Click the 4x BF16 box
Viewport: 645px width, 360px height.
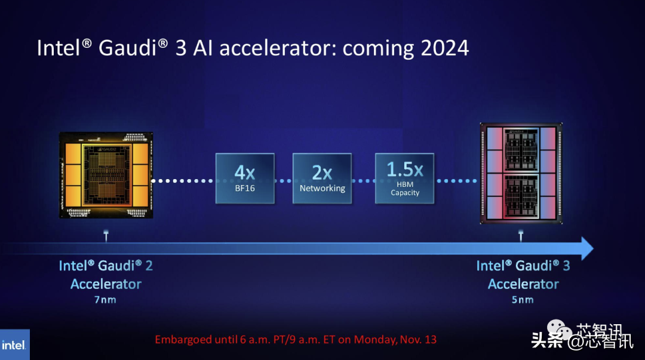(245, 178)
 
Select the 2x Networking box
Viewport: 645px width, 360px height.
(322, 178)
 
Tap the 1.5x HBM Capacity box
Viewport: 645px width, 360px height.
(404, 178)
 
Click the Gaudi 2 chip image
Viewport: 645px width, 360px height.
(106, 175)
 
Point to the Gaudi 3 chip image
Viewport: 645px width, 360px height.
(521, 173)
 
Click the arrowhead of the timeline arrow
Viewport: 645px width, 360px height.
(587, 248)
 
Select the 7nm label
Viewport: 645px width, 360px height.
(105, 300)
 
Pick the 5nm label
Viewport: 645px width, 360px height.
(523, 300)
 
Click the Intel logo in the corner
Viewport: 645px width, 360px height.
(15, 345)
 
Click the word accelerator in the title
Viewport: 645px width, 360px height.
(278, 48)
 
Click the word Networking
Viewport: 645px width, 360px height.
(322, 189)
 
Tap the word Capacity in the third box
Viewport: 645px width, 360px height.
(405, 193)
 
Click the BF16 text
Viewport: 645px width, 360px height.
(245, 188)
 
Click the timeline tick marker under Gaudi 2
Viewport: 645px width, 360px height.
(106, 235)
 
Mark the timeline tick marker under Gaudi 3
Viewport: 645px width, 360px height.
(521, 235)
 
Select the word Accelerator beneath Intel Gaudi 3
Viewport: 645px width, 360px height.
(523, 284)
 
